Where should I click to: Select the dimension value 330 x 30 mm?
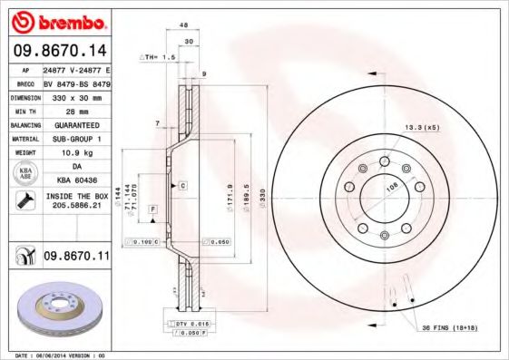pos(75,95)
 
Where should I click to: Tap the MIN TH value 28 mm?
pos(75,109)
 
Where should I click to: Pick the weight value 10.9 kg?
pos(75,152)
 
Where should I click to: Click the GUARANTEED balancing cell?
pos(75,123)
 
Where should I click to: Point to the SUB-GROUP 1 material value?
pos(75,138)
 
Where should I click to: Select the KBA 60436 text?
pos(75,181)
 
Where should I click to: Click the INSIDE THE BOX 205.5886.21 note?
pos(75,201)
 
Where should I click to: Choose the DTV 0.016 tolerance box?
pos(189,324)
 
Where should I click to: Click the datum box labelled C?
pos(182,185)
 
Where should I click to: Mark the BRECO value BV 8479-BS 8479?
pos(75,81)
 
